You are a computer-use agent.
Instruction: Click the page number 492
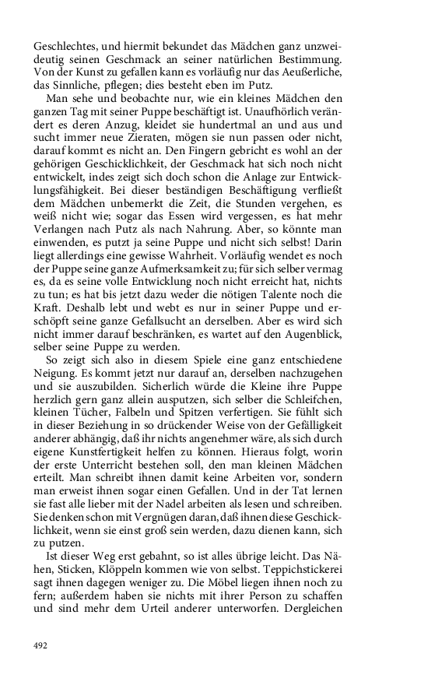(41, 645)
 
